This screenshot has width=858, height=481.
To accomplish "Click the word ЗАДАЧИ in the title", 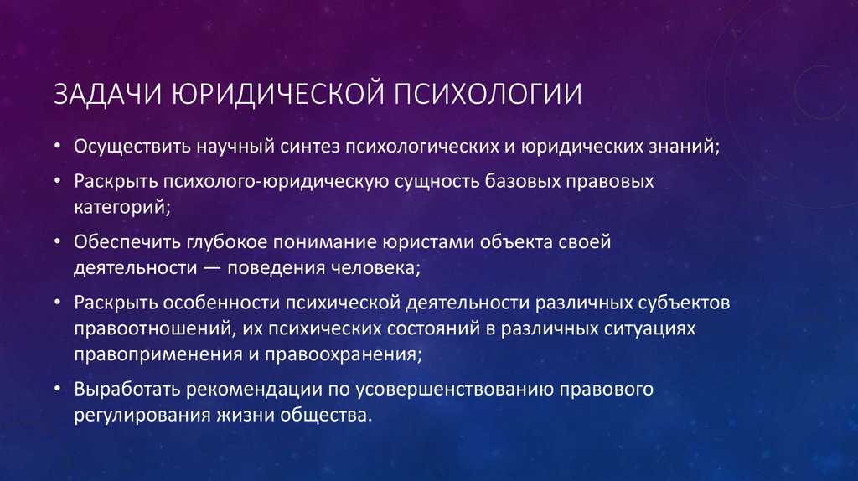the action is (108, 94).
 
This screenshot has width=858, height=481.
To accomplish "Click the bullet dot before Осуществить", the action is (58, 147).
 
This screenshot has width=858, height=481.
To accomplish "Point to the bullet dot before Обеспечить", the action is (58, 242).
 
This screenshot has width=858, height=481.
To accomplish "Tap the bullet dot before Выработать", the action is (58, 389).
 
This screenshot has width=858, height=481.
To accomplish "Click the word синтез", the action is (310, 147).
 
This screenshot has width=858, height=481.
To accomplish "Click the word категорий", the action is (122, 207).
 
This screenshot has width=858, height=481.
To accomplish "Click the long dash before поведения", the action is (212, 269).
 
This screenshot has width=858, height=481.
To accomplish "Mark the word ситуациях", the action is (650, 328).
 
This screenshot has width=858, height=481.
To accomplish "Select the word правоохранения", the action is (344, 354).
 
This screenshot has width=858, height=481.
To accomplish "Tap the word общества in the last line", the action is (326, 416).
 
